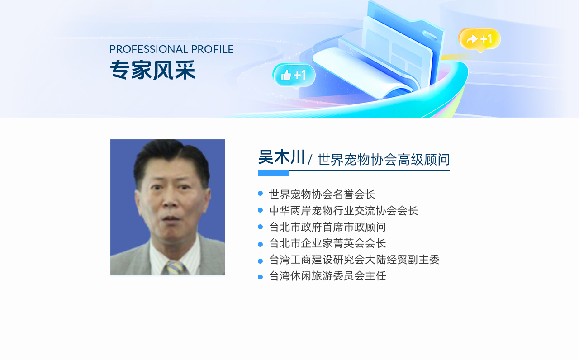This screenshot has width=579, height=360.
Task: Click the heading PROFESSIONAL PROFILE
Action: click(x=171, y=49)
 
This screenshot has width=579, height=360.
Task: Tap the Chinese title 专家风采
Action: click(x=152, y=70)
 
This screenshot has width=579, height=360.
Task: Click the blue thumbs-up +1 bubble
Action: click(x=294, y=76)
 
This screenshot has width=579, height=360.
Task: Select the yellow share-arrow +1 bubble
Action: click(x=479, y=39)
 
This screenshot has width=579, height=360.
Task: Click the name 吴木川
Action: click(x=281, y=157)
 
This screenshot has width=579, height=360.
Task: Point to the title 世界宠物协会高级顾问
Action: click(x=384, y=160)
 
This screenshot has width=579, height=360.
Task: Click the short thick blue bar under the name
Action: click(x=274, y=173)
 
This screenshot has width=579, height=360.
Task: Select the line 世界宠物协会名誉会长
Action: click(x=322, y=194)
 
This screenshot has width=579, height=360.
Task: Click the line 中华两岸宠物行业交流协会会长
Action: click(x=343, y=211)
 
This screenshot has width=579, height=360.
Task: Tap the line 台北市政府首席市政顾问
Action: click(x=327, y=227)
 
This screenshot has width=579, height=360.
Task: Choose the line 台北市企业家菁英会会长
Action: click(x=327, y=243)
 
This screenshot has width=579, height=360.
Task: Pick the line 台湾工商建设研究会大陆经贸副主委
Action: click(x=354, y=260)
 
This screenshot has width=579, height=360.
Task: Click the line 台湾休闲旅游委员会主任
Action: click(x=327, y=276)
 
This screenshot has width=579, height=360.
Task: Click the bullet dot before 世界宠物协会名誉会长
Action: click(x=260, y=193)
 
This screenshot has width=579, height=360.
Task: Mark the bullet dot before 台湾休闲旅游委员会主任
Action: click(x=260, y=277)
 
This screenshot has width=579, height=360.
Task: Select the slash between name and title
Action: click(x=310, y=160)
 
